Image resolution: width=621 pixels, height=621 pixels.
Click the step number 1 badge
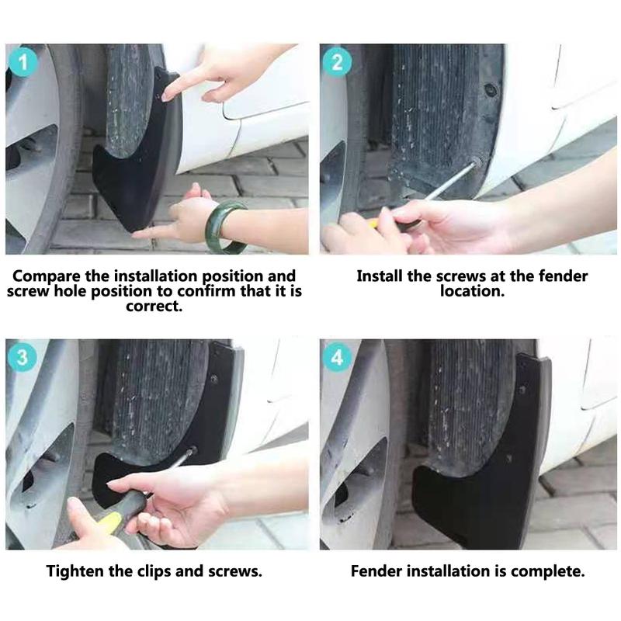point(23,62)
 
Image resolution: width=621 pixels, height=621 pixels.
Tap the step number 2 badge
point(337,62)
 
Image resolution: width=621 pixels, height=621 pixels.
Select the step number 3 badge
point(23,358)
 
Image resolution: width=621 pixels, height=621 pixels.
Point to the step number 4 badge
point(337,358)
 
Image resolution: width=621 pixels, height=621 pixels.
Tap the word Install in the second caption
point(380,276)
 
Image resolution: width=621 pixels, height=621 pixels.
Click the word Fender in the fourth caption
point(376,572)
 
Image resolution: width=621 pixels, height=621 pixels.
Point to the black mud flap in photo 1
point(128,179)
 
